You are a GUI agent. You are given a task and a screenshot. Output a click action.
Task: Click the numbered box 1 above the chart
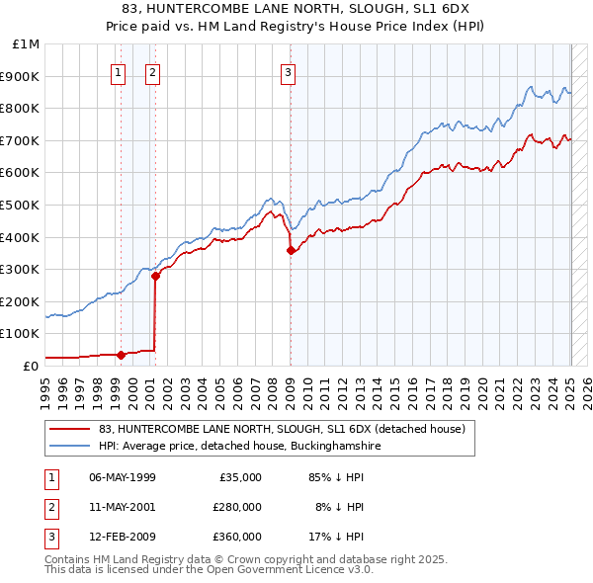click(x=119, y=71)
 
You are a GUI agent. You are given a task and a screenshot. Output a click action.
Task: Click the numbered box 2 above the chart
click(x=153, y=71)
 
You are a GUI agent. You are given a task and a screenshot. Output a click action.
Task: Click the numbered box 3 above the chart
click(x=288, y=71)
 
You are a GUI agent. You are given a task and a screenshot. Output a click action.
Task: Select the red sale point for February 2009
click(x=291, y=250)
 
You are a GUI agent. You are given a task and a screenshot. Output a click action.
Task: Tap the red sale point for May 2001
click(x=155, y=276)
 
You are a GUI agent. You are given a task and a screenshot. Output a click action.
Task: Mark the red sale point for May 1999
click(x=121, y=355)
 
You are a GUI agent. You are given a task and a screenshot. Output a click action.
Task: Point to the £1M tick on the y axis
click(x=27, y=44)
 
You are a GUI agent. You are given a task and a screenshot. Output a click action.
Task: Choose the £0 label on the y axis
click(x=32, y=366)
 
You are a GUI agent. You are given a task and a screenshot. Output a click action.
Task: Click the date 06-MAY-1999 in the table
click(x=123, y=477)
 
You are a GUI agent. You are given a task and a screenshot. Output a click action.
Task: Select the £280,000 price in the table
click(x=237, y=507)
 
